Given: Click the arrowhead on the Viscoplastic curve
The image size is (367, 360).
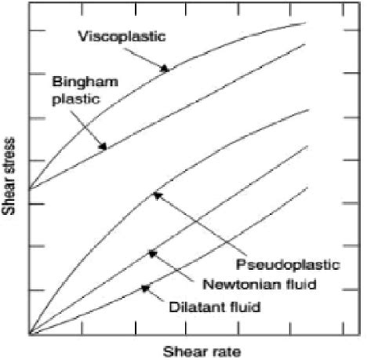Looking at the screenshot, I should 165,69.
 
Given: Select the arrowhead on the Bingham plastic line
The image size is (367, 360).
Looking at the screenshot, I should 102,147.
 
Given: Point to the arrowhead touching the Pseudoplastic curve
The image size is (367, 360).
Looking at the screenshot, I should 156,195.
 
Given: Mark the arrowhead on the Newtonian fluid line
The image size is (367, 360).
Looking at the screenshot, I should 151,253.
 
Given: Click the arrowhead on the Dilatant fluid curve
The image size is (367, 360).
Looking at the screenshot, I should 144,289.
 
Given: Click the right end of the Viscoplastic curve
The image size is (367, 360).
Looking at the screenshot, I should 305,23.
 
